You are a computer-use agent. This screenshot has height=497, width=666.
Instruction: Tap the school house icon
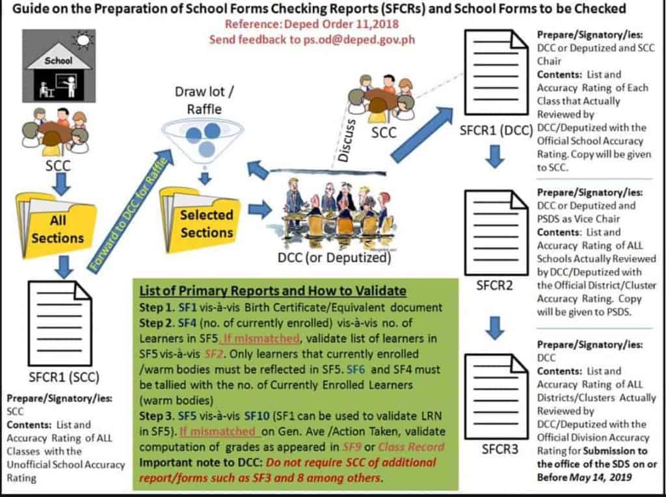tap(59, 67)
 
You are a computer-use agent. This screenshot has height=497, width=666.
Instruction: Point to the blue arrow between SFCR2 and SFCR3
tap(496, 328)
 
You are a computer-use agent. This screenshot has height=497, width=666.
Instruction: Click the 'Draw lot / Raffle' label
tap(204, 100)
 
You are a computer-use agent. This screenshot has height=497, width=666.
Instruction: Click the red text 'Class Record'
tap(412, 447)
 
